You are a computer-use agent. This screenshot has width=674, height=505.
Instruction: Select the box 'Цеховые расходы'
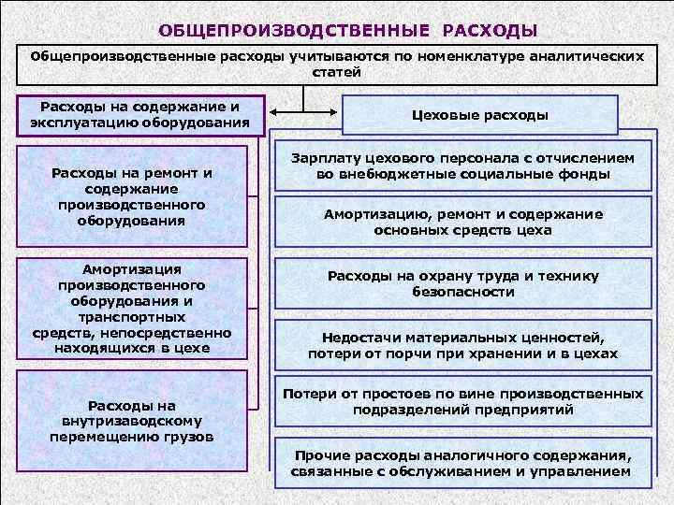point(480,115)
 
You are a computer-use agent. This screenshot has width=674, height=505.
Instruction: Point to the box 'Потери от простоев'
point(462,401)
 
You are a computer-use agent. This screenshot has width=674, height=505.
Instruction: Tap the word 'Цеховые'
point(447,115)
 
